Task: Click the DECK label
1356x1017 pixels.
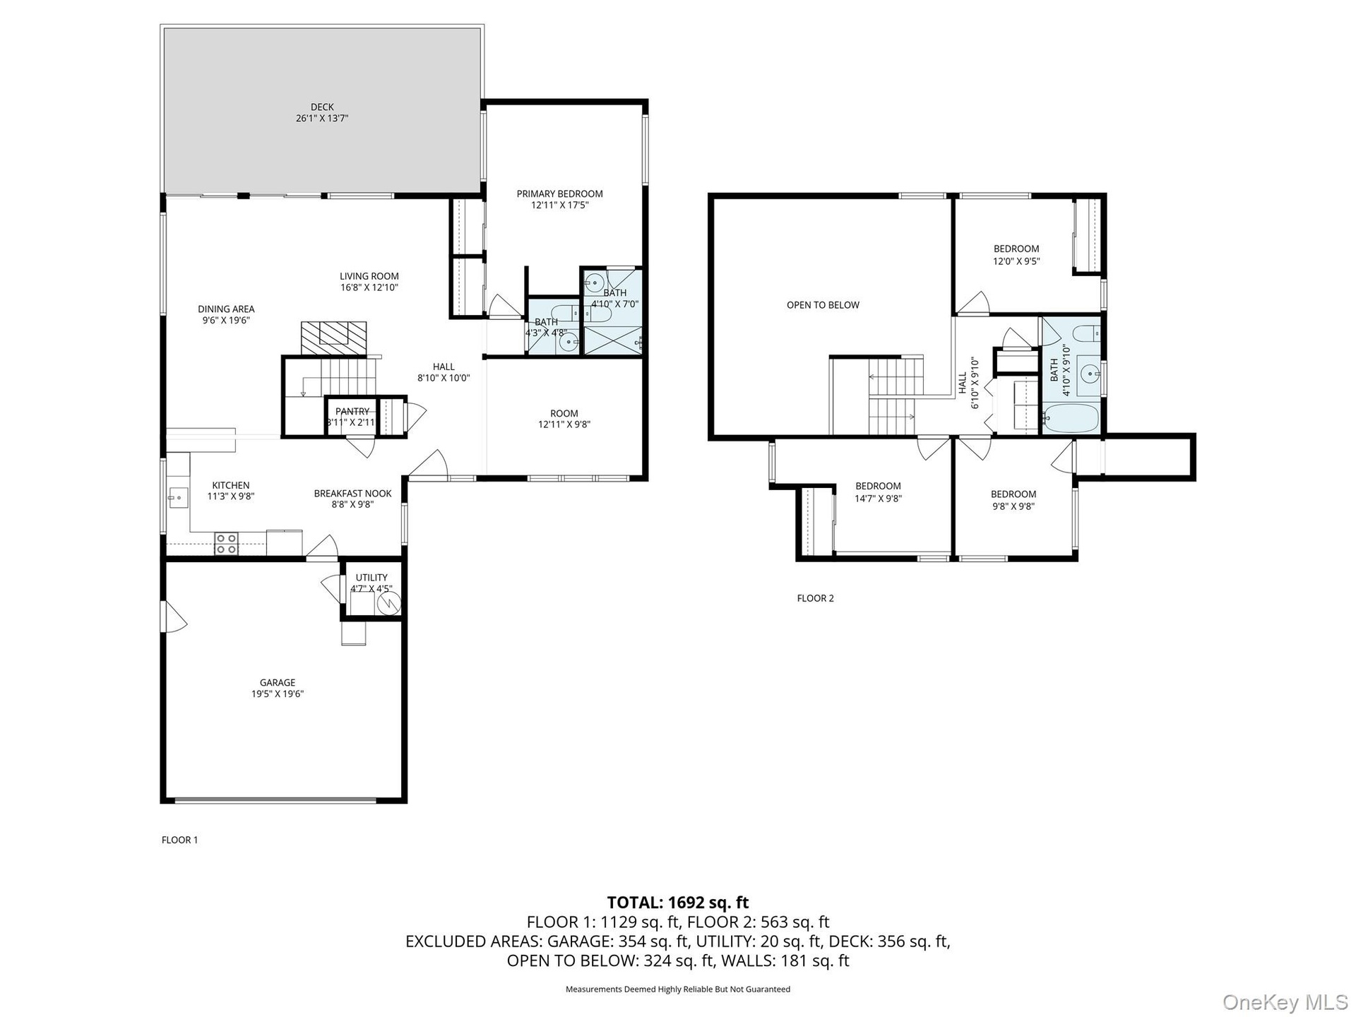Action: coord(322,107)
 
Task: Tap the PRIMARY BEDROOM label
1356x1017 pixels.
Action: coord(559,194)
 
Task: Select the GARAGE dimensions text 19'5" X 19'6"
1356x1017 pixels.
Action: coord(278,694)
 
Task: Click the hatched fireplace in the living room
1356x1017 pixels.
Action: coord(334,338)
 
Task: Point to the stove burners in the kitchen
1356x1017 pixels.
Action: coord(226,543)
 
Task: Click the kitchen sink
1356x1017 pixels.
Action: coord(178,497)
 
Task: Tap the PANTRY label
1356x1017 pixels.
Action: coord(352,412)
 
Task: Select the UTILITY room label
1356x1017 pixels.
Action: coord(371,578)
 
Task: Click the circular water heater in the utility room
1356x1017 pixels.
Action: coord(389,602)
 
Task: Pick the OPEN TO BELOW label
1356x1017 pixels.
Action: coord(823,305)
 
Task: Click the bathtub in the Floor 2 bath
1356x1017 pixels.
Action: coord(1071,418)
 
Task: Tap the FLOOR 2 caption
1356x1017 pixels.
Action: coord(815,598)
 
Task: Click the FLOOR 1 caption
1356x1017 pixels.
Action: coord(179,840)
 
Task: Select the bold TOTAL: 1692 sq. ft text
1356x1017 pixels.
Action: coord(678,903)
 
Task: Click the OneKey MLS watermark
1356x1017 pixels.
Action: coord(1285,1001)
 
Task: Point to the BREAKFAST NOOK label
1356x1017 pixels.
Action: coord(352,494)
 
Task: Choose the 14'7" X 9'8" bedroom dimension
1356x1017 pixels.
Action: coord(878,498)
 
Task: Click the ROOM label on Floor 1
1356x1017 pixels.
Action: coord(564,413)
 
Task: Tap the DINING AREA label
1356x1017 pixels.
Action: coord(226,309)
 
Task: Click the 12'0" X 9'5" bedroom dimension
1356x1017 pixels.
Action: coord(1016,261)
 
